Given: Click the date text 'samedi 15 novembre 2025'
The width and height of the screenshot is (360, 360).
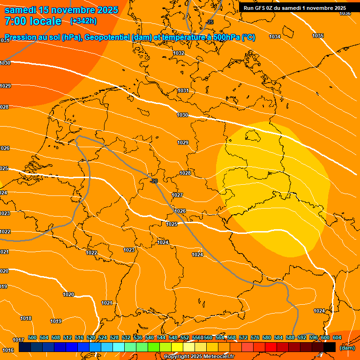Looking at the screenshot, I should point(61,10).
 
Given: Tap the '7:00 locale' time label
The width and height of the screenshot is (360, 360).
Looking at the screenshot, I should point(33,21).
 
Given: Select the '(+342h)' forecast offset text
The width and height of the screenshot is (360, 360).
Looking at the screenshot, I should point(83,21).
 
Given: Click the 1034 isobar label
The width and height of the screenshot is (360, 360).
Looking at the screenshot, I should point(275,37).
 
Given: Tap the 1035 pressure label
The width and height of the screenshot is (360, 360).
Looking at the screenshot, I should point(318,36).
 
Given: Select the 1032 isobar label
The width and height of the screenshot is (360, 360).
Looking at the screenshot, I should point(179,53).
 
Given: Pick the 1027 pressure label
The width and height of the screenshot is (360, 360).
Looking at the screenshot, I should point(177,195).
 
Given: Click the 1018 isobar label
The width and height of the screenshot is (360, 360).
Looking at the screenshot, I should point(26,319).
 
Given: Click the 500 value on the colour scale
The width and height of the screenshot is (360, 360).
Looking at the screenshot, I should point(32,337).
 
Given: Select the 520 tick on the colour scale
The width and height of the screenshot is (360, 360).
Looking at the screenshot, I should point(91,337).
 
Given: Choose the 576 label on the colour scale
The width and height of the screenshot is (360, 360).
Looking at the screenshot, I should point(255,337).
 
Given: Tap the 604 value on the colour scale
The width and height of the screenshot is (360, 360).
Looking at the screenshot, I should point(337,337).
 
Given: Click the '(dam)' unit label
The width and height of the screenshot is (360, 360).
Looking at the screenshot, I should point(347,348).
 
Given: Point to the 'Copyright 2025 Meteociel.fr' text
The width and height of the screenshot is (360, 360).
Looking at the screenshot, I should point(199,357).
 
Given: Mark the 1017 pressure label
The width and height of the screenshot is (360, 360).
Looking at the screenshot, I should point(18,340).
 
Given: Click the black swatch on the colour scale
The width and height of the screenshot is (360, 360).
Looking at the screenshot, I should point(329,347).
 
